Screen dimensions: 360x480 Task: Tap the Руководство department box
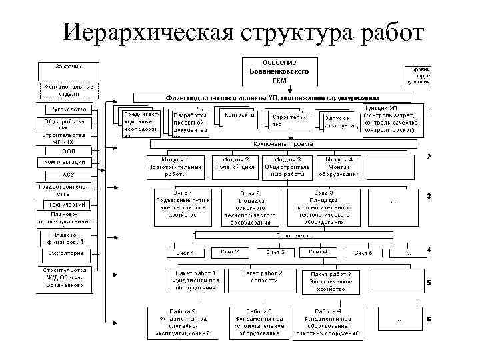point(68,109)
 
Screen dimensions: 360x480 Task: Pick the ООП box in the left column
point(68,151)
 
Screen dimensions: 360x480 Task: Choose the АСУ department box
point(68,175)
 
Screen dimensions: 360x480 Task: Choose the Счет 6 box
point(363,253)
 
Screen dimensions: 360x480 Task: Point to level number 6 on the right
point(429,319)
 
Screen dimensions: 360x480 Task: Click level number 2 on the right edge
point(429,157)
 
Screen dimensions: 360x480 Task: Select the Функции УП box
point(391,119)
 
